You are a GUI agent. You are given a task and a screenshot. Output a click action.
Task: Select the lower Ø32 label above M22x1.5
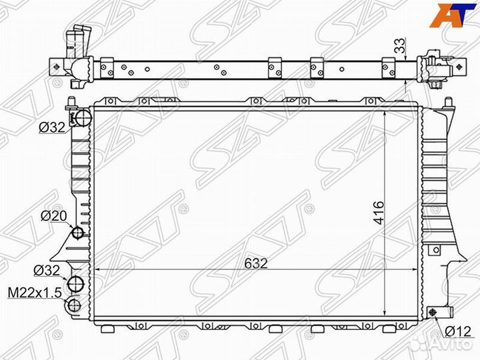pyautogui.click(x=47, y=270)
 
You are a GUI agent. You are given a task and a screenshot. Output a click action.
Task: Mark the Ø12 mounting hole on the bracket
pyautogui.click(x=433, y=313)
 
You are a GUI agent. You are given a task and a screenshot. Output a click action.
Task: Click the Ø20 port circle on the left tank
pyautogui.click(x=77, y=233)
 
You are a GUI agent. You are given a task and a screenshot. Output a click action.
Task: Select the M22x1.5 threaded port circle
pyautogui.click(x=74, y=306)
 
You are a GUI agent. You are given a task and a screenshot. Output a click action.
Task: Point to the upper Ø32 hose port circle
pyautogui.click(x=82, y=117)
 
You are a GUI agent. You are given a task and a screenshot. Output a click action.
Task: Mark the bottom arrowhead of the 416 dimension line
pyautogui.click(x=387, y=312)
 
